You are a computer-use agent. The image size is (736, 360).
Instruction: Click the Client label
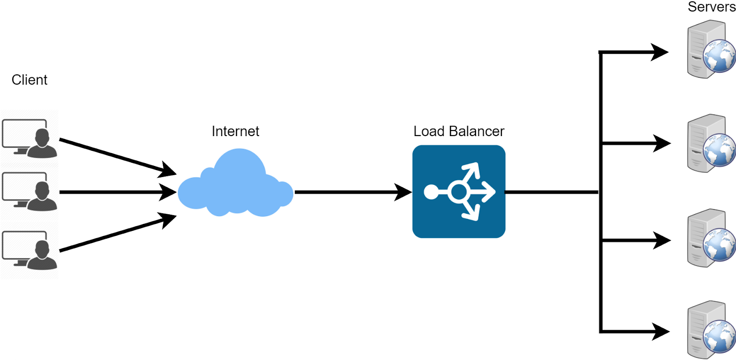(29, 80)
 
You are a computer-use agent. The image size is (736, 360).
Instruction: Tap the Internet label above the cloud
(235, 131)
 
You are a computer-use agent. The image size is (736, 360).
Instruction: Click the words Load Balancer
(459, 131)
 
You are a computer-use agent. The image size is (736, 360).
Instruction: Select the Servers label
(711, 7)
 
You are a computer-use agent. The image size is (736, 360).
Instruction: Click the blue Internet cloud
(236, 186)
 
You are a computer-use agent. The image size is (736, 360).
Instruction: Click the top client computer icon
(29, 138)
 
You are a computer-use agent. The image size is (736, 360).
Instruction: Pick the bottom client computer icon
(29, 250)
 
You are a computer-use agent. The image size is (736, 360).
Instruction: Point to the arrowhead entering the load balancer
(404, 192)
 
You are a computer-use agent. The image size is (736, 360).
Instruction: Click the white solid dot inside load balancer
(431, 192)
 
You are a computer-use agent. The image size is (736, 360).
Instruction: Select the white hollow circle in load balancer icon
(458, 192)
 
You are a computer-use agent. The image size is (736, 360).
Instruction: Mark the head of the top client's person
(42, 137)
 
